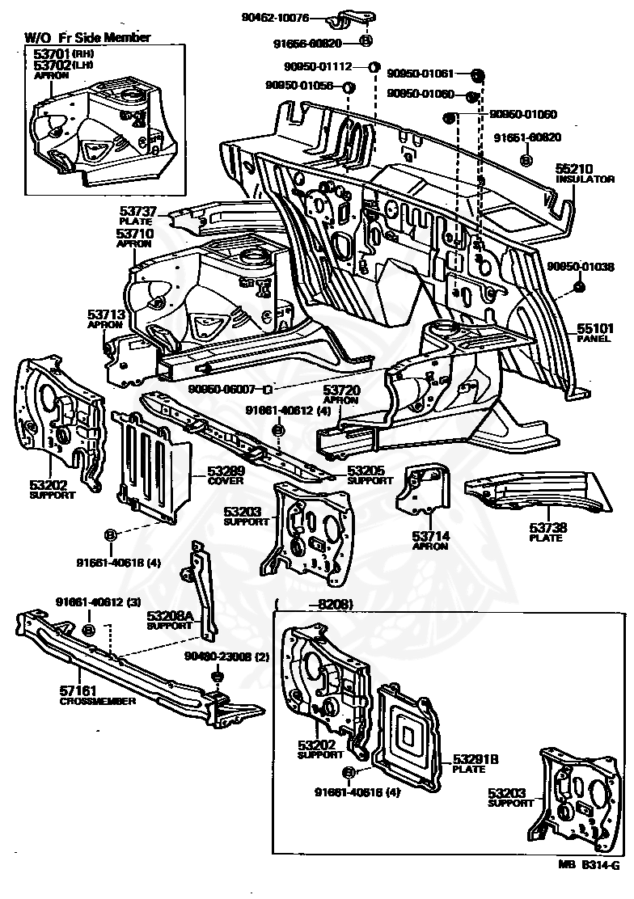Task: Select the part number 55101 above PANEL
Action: coord(595,328)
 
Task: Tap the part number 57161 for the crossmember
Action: coord(79,691)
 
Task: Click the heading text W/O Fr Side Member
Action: coord(87,37)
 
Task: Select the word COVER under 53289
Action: coord(225,481)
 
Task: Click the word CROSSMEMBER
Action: coord(97,701)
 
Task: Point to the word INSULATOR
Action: coord(585,179)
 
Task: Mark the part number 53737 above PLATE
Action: coord(139,212)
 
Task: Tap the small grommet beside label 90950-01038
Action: coord(579,287)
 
